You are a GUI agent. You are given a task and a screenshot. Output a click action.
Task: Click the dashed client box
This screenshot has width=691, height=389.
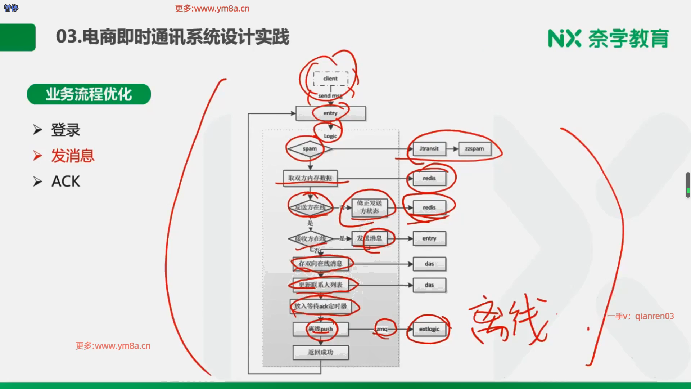click(x=330, y=79)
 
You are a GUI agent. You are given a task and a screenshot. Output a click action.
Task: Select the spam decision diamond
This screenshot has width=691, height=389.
click(x=310, y=149)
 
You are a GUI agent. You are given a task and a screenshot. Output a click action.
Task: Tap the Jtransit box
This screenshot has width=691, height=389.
click(x=429, y=149)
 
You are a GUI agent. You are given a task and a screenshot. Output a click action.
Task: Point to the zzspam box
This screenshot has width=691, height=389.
click(x=474, y=149)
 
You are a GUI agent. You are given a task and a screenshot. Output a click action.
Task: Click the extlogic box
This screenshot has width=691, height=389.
click(x=429, y=329)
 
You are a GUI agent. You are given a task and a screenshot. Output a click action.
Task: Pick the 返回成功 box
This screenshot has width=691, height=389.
click(x=320, y=352)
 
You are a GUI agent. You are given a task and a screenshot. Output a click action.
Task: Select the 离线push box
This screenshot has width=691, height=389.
click(x=320, y=329)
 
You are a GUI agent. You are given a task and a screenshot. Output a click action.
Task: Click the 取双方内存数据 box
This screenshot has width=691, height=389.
click(x=310, y=178)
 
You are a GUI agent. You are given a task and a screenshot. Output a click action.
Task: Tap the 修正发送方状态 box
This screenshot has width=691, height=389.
click(x=369, y=207)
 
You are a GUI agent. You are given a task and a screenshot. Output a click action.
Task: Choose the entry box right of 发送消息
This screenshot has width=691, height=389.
click(x=429, y=238)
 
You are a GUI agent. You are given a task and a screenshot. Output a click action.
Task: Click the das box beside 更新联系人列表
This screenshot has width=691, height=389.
click(x=429, y=285)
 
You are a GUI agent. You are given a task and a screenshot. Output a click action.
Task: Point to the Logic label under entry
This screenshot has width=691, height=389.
click(x=330, y=136)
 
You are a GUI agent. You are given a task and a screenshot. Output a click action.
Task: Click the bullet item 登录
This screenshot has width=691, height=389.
click(x=66, y=130)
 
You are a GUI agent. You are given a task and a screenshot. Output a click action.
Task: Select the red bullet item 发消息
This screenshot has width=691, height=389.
click(x=73, y=156)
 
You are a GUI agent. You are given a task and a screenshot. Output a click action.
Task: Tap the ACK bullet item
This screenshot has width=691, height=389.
click(x=66, y=182)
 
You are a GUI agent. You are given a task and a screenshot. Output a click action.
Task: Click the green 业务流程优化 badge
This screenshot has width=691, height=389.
click(x=89, y=94)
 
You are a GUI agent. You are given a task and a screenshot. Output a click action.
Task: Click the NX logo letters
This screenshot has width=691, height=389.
click(x=564, y=39)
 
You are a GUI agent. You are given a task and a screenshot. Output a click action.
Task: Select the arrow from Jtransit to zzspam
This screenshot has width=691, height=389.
click(x=452, y=149)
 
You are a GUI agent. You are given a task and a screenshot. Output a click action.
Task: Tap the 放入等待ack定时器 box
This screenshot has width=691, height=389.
click(x=320, y=306)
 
